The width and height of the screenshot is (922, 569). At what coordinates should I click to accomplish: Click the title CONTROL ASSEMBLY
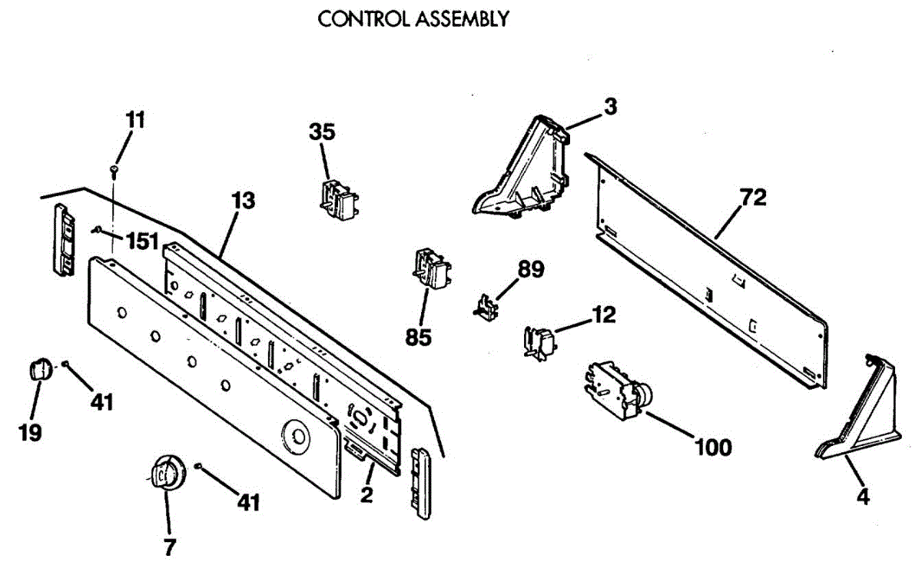pos(413,19)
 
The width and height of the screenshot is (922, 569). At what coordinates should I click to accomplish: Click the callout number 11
pos(135,120)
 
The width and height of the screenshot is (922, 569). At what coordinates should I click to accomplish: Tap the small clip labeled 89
pos(484,306)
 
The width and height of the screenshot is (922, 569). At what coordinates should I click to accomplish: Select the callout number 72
pos(753,198)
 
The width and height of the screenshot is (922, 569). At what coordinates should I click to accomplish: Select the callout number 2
pos(366,495)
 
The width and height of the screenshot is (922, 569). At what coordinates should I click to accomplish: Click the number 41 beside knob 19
pos(101,401)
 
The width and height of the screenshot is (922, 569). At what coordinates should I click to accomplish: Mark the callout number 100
pos(712,447)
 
